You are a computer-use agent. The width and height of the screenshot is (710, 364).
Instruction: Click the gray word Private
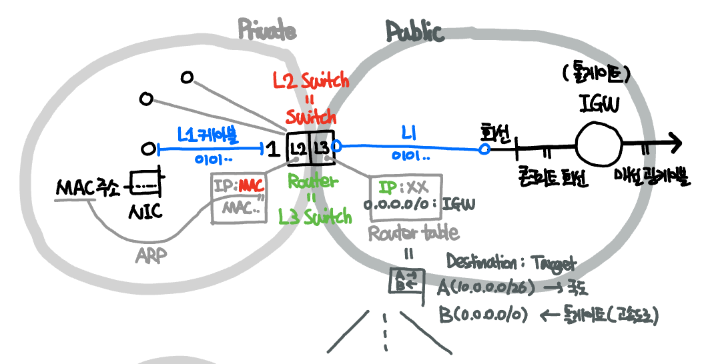pyautogui.click(x=267, y=29)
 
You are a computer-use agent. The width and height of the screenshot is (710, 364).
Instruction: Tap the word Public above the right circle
pyautogui.click(x=414, y=31)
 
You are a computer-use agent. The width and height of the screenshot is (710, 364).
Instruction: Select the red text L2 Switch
pyautogui.click(x=311, y=81)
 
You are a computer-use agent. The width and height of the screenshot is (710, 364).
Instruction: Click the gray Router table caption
pyautogui.click(x=413, y=232)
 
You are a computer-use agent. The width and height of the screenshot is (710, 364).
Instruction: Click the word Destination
pyautogui.click(x=479, y=261)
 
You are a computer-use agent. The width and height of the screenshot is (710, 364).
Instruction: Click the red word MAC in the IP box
pyautogui.click(x=251, y=183)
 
